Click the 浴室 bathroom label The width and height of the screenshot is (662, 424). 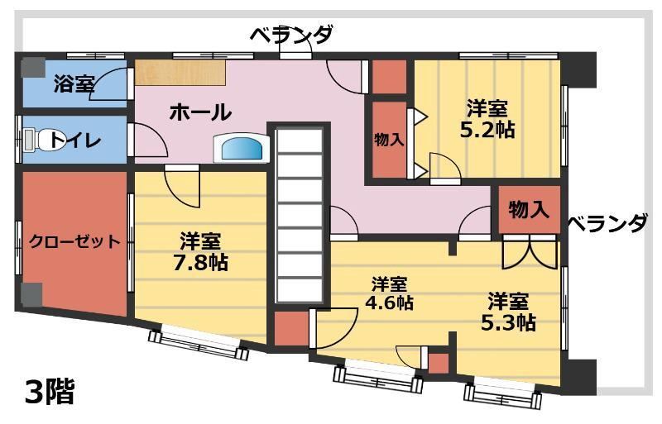[x=74, y=84]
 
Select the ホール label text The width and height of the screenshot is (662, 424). [x=200, y=112]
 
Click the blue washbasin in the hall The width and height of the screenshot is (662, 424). [x=242, y=148]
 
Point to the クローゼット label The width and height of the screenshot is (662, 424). [x=74, y=241]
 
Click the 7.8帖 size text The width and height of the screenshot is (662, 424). [x=200, y=262]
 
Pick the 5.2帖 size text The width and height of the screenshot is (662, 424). [x=487, y=130]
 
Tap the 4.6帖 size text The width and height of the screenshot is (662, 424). [x=389, y=303]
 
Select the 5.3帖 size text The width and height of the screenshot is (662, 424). [x=509, y=322]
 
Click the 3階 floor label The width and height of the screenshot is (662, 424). [x=50, y=392]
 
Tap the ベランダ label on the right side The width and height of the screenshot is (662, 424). [x=607, y=223]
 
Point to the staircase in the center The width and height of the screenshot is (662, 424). [x=299, y=215]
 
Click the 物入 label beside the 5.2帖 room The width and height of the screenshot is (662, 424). [x=388, y=139]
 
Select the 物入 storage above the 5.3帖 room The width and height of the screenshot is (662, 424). [x=529, y=209]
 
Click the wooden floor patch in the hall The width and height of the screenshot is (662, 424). [x=180, y=73]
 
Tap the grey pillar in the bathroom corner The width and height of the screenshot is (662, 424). [x=33, y=68]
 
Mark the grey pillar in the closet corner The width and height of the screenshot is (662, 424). [x=31, y=295]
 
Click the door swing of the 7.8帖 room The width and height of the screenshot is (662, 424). [x=182, y=186]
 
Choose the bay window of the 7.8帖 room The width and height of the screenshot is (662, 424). [x=199, y=341]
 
